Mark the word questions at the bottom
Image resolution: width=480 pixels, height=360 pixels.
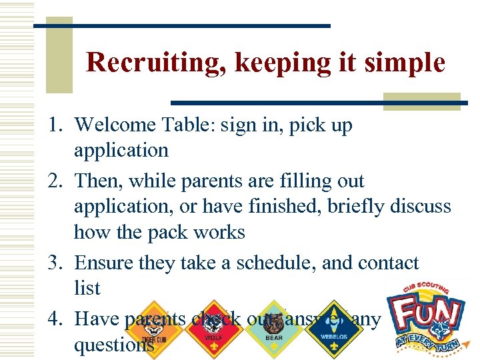coord(114,345)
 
